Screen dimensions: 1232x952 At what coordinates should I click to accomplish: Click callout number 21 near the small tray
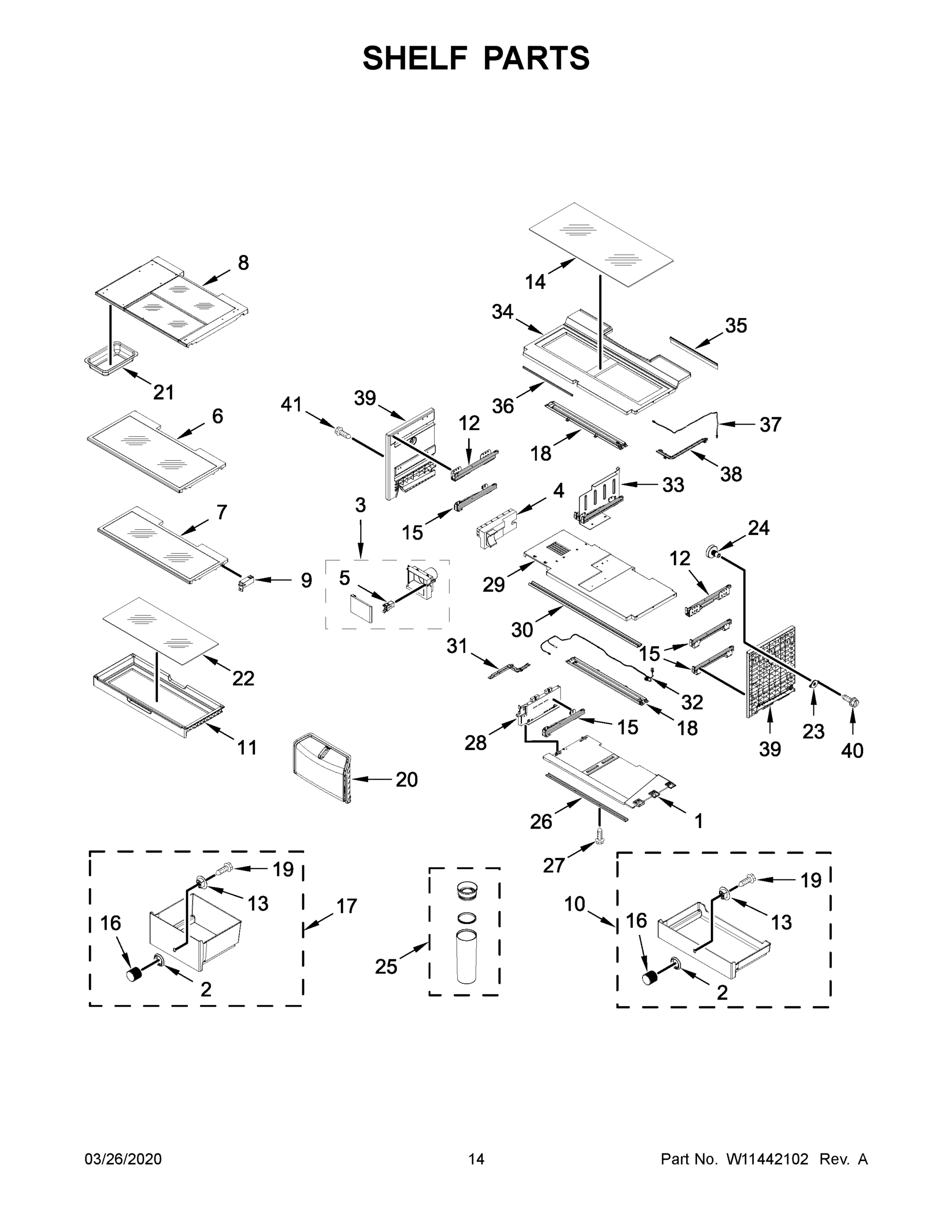pos(164,392)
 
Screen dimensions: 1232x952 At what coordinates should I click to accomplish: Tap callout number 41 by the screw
pos(292,405)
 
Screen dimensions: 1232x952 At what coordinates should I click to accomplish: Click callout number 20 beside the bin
pos(406,780)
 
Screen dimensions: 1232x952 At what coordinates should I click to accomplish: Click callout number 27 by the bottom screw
pos(553,865)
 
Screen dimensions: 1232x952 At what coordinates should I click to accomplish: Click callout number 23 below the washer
pos(813,731)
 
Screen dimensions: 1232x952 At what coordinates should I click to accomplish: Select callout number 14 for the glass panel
pos(535,281)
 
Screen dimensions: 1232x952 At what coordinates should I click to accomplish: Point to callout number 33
pos(673,485)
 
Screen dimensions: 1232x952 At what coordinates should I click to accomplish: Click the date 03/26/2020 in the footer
pos(123,1159)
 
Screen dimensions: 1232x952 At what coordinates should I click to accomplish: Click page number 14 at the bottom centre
pos(476,1159)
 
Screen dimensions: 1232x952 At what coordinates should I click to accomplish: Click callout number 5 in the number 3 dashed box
pos(344,577)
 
